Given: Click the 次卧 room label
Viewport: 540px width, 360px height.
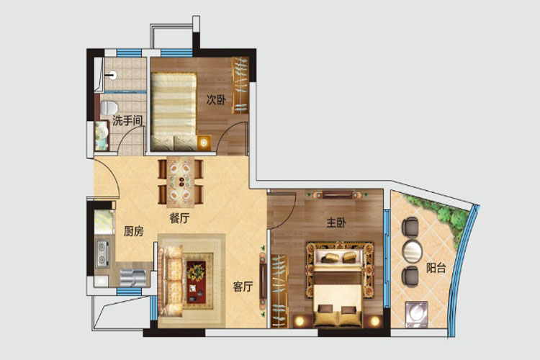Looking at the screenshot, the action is tap(216, 100).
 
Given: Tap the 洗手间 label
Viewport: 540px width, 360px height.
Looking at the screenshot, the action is tap(127, 120).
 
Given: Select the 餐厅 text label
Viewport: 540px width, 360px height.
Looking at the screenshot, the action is tap(179, 218).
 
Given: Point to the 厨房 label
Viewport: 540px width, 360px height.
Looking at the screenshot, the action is tap(134, 231).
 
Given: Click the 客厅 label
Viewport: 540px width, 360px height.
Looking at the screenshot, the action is tap(243, 287).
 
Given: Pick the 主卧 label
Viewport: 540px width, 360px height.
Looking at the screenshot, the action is tap(336, 222).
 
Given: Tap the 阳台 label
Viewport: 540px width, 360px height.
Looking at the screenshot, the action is tap(436, 268).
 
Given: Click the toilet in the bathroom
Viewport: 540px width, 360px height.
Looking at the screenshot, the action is tap(108, 107).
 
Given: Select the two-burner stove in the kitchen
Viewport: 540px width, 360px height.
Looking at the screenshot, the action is tap(102, 254).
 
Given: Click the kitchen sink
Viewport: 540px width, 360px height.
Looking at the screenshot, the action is tap(133, 278).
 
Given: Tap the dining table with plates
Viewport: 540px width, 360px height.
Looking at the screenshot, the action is tap(180, 182).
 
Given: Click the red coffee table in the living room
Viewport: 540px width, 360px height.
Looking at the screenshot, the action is tap(196, 282).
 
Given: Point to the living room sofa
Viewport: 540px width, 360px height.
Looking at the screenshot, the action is tap(170, 280).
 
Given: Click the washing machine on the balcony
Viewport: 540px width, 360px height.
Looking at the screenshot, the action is tap(416, 315).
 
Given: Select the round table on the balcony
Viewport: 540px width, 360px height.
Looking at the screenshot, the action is tap(413, 251).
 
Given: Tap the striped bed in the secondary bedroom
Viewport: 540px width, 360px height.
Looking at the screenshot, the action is tap(174, 112).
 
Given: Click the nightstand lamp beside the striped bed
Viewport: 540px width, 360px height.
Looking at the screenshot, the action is tap(204, 143).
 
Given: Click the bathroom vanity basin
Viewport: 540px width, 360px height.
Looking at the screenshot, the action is tap(102, 135).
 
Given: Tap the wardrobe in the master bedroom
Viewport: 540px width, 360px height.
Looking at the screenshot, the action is tap(279, 291).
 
